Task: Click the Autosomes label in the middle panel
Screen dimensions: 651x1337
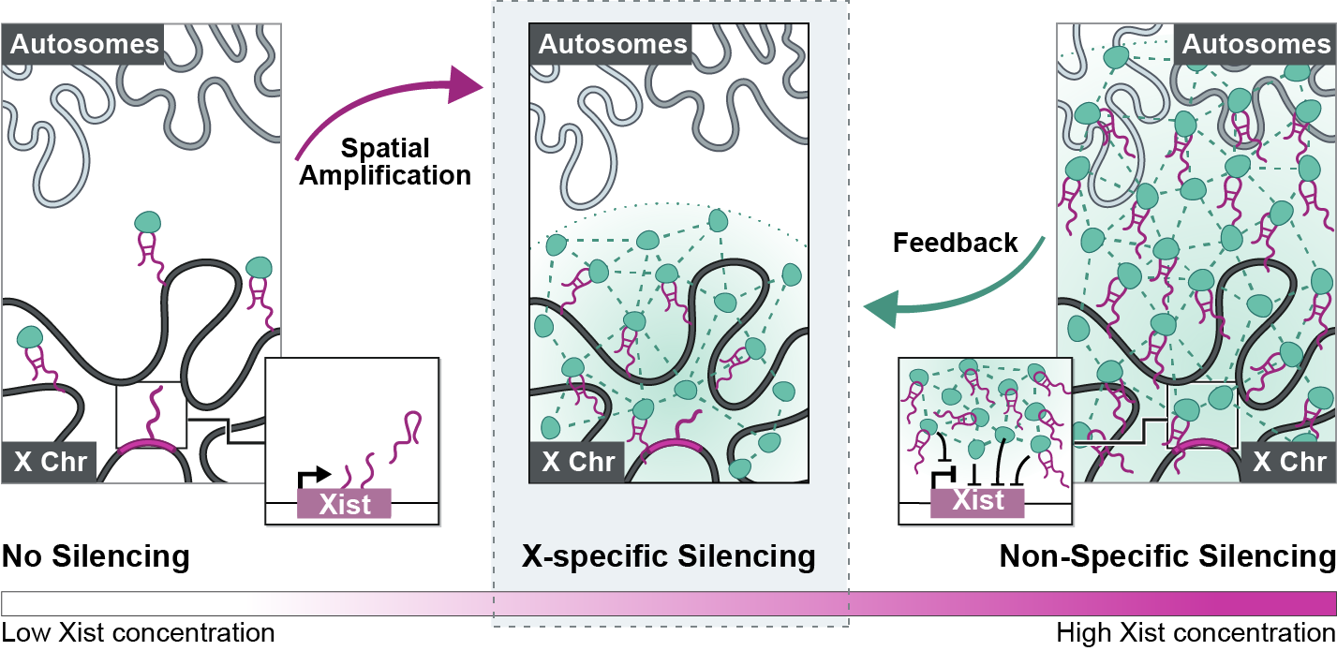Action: pyautogui.click(x=613, y=44)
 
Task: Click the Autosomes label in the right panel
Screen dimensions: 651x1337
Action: pyautogui.click(x=1255, y=44)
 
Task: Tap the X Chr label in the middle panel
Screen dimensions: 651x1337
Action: pyautogui.click(x=579, y=462)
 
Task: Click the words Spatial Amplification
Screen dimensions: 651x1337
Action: pyautogui.click(x=385, y=161)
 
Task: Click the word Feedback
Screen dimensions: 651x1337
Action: pyautogui.click(x=955, y=244)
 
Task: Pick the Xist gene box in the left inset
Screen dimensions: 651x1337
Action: pyautogui.click(x=344, y=504)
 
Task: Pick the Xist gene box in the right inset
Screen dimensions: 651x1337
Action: pyautogui.click(x=977, y=501)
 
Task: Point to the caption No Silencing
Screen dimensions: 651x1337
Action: pyautogui.click(x=96, y=557)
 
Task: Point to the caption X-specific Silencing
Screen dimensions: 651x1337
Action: pyautogui.click(x=668, y=557)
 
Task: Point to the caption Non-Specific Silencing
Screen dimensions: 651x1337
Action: pyautogui.click(x=1166, y=557)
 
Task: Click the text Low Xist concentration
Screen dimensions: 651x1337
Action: pyautogui.click(x=138, y=633)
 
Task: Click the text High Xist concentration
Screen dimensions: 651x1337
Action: pyautogui.click(x=1196, y=633)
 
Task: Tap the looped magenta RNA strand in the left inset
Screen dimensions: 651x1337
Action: pyautogui.click(x=411, y=427)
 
